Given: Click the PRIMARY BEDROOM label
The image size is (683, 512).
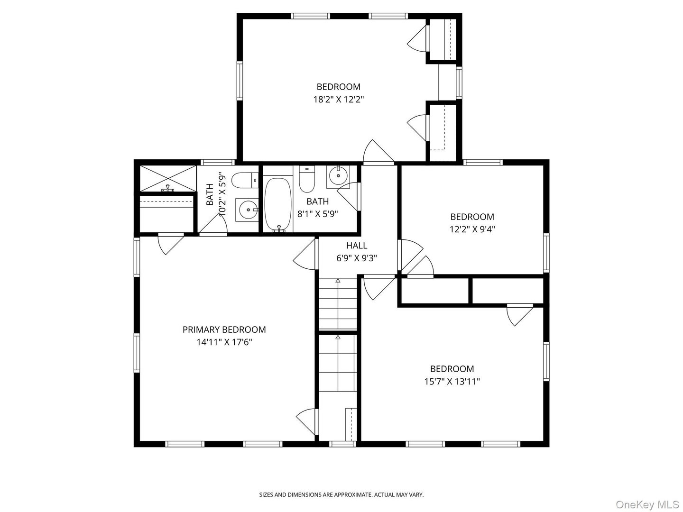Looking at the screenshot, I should (224, 329).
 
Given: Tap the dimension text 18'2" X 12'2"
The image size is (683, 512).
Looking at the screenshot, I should (338, 100).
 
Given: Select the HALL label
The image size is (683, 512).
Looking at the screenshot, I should (356, 246).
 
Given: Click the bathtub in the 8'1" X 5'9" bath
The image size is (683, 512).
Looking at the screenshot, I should (277, 204).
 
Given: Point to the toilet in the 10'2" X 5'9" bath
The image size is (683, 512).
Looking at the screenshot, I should (244, 181).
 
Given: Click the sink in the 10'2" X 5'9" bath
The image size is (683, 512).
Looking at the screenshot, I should (247, 209).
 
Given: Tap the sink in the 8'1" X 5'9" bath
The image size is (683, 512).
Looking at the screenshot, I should (338, 176).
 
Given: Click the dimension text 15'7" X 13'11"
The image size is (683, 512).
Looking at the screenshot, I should (452, 381).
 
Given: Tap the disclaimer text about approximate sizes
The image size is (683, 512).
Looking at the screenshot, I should (341, 494).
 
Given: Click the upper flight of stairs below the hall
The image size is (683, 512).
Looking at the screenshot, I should (338, 304).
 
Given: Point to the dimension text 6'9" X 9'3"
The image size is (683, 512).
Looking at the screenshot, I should (356, 258).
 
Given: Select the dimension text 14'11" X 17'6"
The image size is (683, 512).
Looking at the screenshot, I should (224, 342).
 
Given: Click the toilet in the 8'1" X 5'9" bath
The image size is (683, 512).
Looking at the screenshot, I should (307, 177).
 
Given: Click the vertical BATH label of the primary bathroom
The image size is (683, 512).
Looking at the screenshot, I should (210, 194).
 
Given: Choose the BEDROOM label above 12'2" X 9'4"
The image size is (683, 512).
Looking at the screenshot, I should (472, 217).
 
